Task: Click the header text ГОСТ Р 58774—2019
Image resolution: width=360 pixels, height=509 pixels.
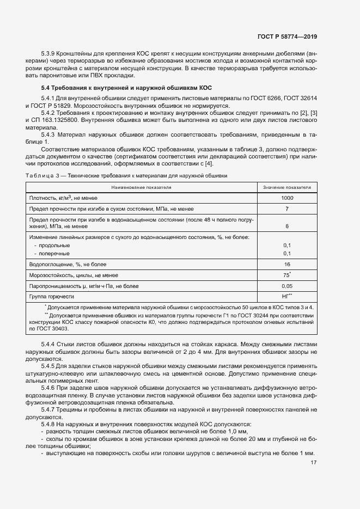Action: coord(287,36)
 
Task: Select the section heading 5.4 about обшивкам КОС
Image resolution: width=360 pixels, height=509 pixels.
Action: coord(126,88)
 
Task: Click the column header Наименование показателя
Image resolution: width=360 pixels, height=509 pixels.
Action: coord(141,187)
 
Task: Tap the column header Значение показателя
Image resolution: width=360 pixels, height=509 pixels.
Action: coord(287,187)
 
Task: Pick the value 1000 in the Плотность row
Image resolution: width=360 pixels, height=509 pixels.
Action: coord(287,198)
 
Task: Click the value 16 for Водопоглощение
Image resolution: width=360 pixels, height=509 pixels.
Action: coord(287,264)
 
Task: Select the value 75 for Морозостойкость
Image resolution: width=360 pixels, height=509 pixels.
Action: coord(286,275)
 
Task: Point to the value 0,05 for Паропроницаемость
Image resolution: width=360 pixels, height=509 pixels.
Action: coord(287,286)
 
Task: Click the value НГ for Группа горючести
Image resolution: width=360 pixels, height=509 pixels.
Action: coord(286,296)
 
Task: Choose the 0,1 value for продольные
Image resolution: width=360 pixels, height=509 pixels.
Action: coord(287,246)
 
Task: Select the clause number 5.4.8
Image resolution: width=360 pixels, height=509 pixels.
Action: coord(48,424)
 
